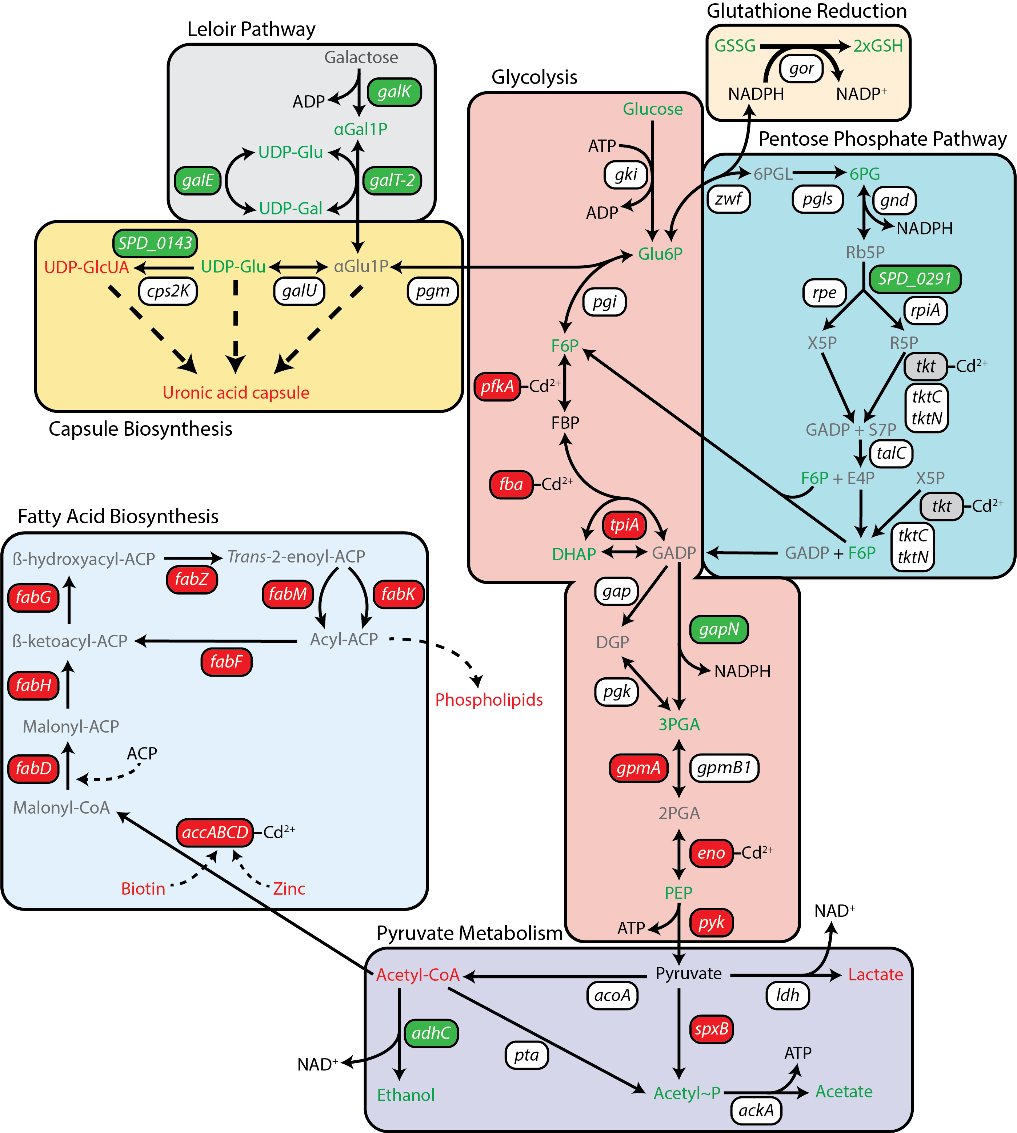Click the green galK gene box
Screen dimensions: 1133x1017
point(394,92)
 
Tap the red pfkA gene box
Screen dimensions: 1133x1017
point(497,386)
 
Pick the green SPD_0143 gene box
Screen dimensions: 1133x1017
point(155,243)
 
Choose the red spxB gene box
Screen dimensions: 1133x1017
point(711,1029)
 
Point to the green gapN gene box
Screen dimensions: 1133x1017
point(718,629)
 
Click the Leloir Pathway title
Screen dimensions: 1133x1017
point(251,29)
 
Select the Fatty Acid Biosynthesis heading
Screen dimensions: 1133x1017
point(118,516)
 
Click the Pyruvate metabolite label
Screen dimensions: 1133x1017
point(688,973)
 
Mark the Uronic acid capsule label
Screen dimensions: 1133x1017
point(236,392)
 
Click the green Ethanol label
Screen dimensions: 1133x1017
point(406,1094)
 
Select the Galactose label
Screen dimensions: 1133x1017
point(361,57)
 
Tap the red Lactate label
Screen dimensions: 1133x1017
point(875,975)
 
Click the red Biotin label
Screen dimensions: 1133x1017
point(143,888)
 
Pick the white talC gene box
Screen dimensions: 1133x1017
point(891,452)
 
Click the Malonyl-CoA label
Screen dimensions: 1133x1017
point(61,807)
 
